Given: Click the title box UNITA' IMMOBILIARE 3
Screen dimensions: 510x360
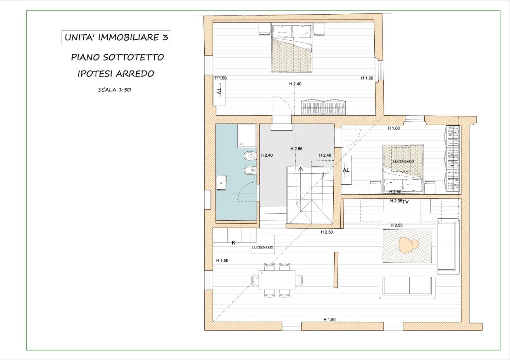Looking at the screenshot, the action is point(116,38).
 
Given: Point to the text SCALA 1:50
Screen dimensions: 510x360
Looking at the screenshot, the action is point(114,90).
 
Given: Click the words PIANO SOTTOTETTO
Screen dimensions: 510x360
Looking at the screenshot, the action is point(118,57).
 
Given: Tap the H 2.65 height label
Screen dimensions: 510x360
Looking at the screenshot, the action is point(296,149).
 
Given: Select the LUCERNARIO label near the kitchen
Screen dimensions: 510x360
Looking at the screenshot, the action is point(262,247).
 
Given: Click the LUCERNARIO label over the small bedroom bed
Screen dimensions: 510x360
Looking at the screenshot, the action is point(403,161).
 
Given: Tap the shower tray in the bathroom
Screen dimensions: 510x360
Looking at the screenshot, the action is point(247,136).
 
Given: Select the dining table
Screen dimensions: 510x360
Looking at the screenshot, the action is point(277,280).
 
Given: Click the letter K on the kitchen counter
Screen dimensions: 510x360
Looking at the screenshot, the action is point(233,243).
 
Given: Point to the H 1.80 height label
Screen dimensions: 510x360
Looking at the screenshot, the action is point(394,128).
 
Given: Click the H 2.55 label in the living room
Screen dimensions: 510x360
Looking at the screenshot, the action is point(396,225).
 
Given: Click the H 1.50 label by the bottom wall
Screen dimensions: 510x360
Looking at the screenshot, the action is point(329,320).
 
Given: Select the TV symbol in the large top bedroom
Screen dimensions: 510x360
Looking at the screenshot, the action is point(219,91).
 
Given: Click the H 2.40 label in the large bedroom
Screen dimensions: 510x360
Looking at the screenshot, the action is point(295,84).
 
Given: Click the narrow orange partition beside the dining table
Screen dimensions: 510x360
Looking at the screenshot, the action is point(336,270).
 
